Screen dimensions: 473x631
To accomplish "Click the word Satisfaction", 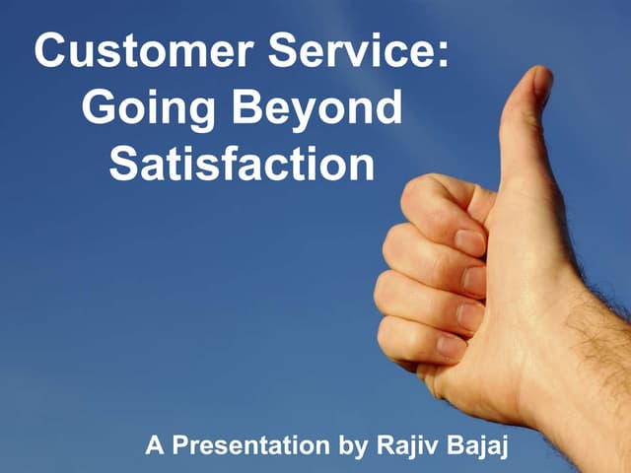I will click(242, 164).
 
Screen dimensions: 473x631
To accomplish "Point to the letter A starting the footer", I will click(155, 445).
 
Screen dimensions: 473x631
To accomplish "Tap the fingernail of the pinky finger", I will click(452, 347).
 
